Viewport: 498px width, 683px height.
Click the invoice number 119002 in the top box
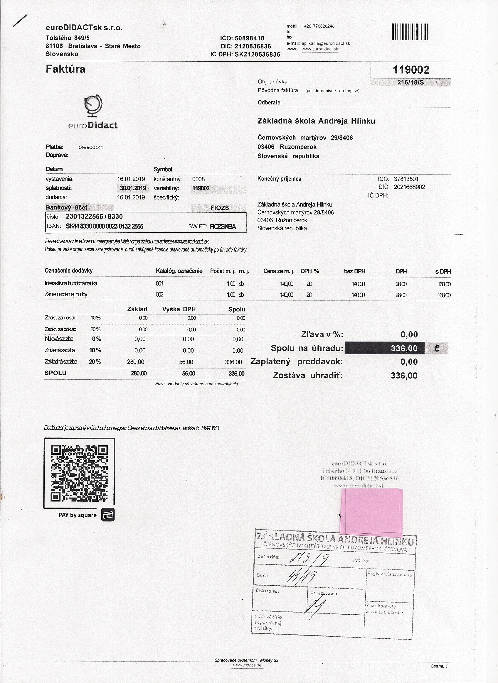click(x=410, y=70)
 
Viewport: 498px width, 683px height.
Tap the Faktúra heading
click(x=65, y=69)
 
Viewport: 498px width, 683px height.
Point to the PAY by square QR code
click(x=79, y=473)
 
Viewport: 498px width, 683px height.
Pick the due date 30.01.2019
click(x=133, y=188)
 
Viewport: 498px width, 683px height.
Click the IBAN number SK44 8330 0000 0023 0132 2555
click(x=104, y=226)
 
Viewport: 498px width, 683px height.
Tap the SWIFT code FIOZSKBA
click(x=223, y=226)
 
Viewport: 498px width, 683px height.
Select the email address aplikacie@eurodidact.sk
click(x=326, y=43)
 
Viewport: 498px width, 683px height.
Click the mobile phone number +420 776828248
click(x=318, y=26)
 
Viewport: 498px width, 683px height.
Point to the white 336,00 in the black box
click(x=404, y=349)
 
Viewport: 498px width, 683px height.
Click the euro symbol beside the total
click(x=437, y=349)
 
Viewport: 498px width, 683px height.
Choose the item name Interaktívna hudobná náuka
click(x=71, y=283)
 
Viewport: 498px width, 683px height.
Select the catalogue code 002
click(x=159, y=295)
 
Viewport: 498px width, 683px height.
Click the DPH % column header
click(x=309, y=271)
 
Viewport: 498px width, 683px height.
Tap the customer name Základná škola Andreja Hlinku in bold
click(x=316, y=121)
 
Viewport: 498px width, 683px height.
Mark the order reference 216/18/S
click(x=410, y=82)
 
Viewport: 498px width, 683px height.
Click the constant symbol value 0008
click(x=198, y=179)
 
